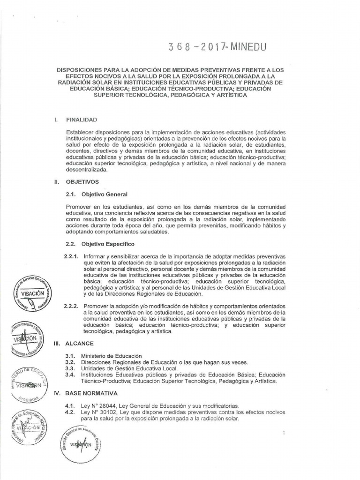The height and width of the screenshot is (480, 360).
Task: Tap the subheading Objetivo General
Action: coord(104,194)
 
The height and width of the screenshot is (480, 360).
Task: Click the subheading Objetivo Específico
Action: coord(108,244)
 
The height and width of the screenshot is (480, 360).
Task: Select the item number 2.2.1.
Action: coord(72,257)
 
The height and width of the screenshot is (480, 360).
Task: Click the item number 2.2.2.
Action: coord(72,306)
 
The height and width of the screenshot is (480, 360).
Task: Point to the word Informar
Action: coord(96,257)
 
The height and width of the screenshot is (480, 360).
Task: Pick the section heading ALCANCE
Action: coord(79,343)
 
